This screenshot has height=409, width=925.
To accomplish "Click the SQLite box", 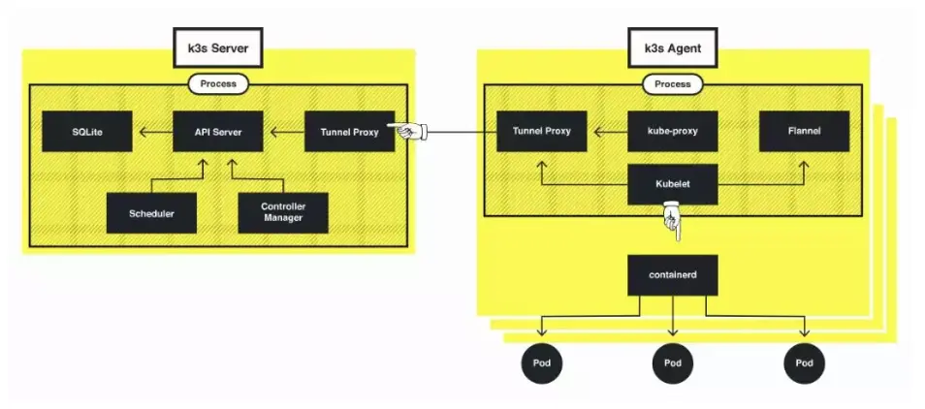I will [x=86, y=131].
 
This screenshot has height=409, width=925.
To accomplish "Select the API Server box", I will [x=217, y=131].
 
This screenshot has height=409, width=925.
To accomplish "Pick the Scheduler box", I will [x=152, y=212].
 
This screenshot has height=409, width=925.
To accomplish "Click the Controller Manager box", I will [x=282, y=212].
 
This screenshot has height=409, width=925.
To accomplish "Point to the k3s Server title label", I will [x=218, y=47].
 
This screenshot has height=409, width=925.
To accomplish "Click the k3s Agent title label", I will [x=673, y=47].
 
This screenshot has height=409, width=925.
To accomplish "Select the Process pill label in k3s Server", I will [x=218, y=84].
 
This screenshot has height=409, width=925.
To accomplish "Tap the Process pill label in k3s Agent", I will [x=673, y=84].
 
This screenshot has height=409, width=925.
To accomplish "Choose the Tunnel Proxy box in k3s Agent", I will [x=541, y=131].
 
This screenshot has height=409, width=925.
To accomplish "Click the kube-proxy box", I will [x=673, y=131].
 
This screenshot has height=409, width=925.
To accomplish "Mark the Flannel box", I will [x=804, y=131].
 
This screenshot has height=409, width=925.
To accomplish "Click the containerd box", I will [x=673, y=274].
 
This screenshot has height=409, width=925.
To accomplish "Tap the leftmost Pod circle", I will [x=541, y=362].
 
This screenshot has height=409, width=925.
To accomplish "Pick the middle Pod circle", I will [x=673, y=362].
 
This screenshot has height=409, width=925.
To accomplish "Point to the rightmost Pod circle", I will [x=804, y=362].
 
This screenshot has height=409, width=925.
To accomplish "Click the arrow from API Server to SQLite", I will [x=152, y=131].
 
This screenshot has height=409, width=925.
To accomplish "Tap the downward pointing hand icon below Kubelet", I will [x=672, y=221].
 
